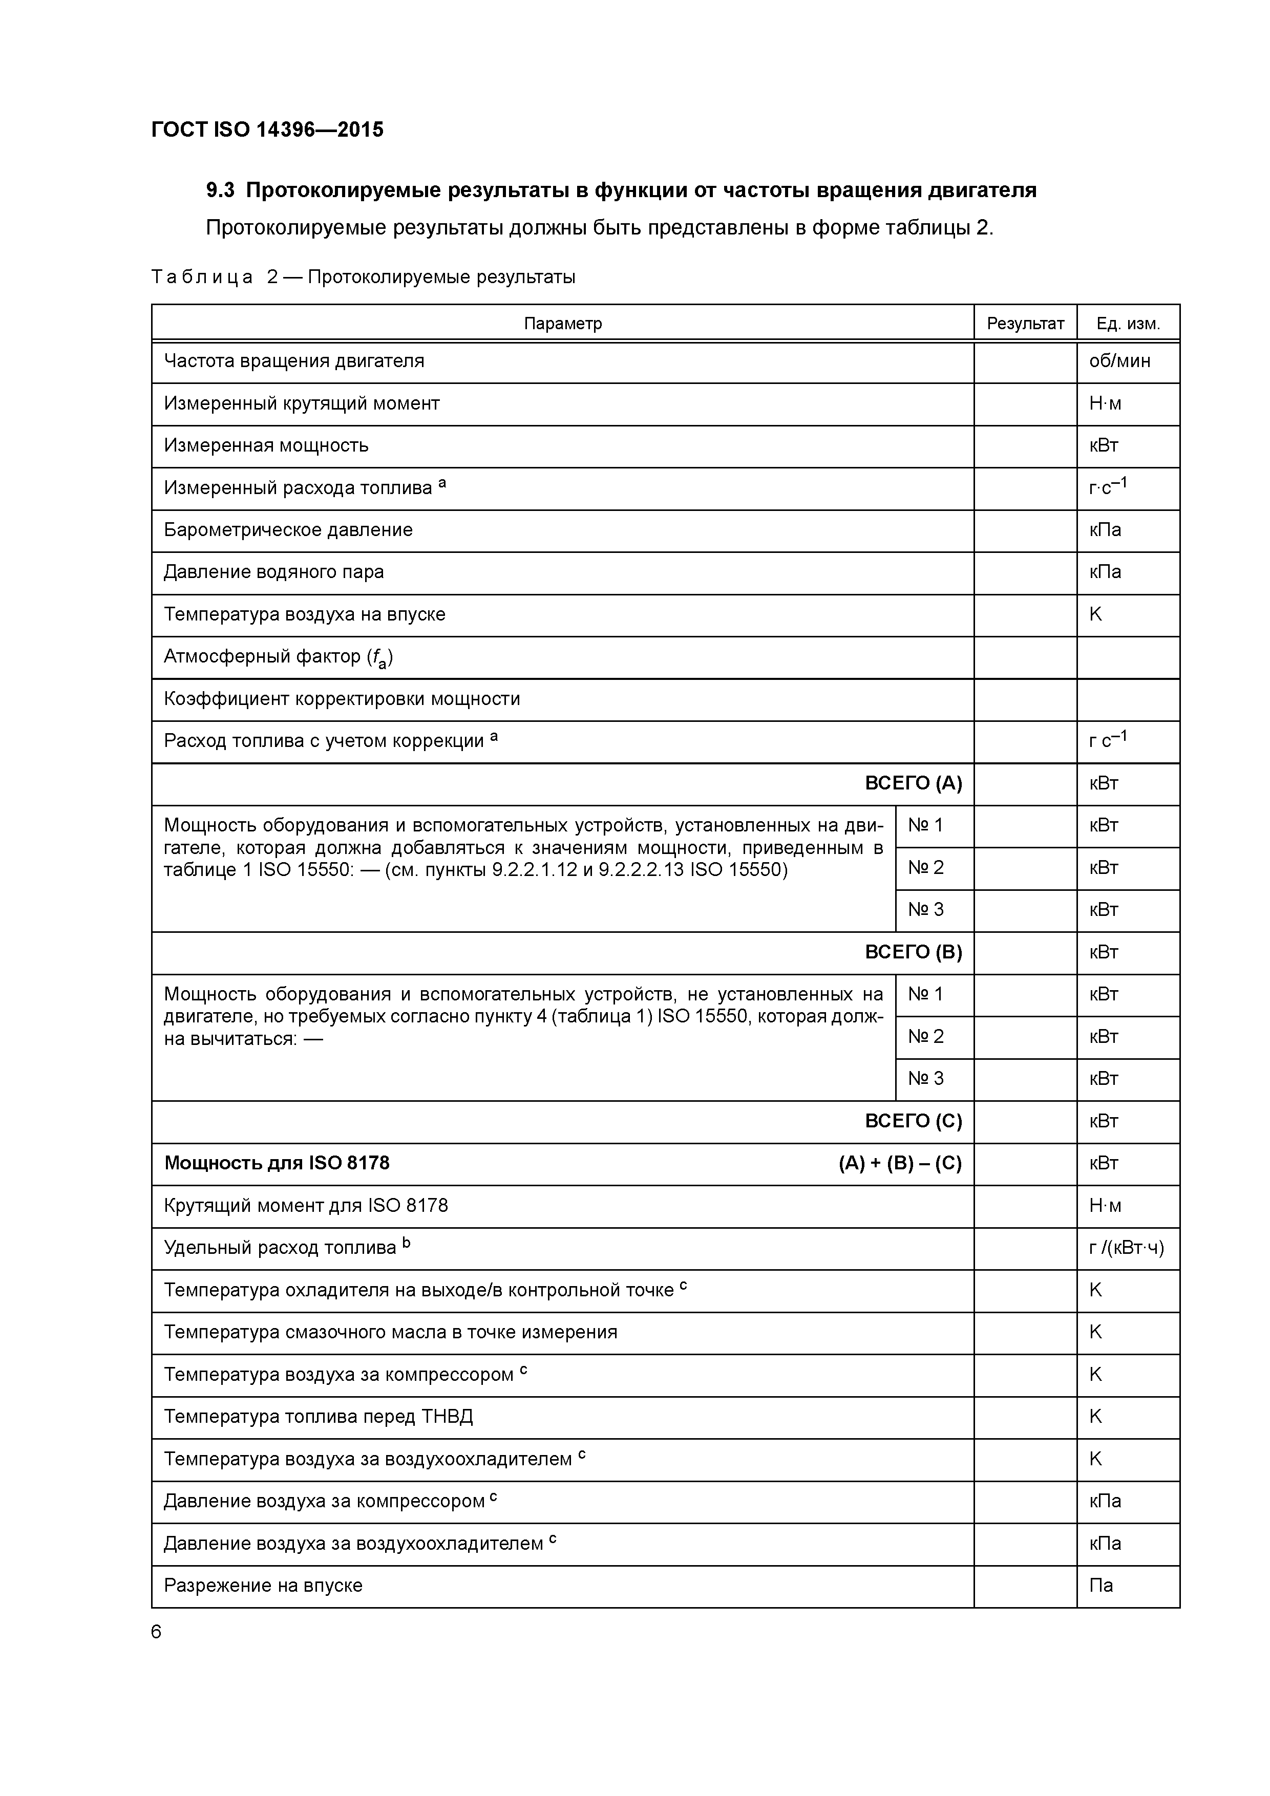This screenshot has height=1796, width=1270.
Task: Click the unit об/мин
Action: click(1119, 361)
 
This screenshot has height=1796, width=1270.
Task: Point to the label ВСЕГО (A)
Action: click(913, 783)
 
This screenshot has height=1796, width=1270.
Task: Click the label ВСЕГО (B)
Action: click(913, 952)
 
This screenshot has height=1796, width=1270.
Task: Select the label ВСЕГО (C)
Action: click(913, 1121)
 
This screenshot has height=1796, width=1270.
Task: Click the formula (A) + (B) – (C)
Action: click(900, 1163)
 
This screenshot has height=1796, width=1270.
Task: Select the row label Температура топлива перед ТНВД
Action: click(319, 1417)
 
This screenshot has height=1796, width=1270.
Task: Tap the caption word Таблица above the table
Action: click(202, 277)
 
